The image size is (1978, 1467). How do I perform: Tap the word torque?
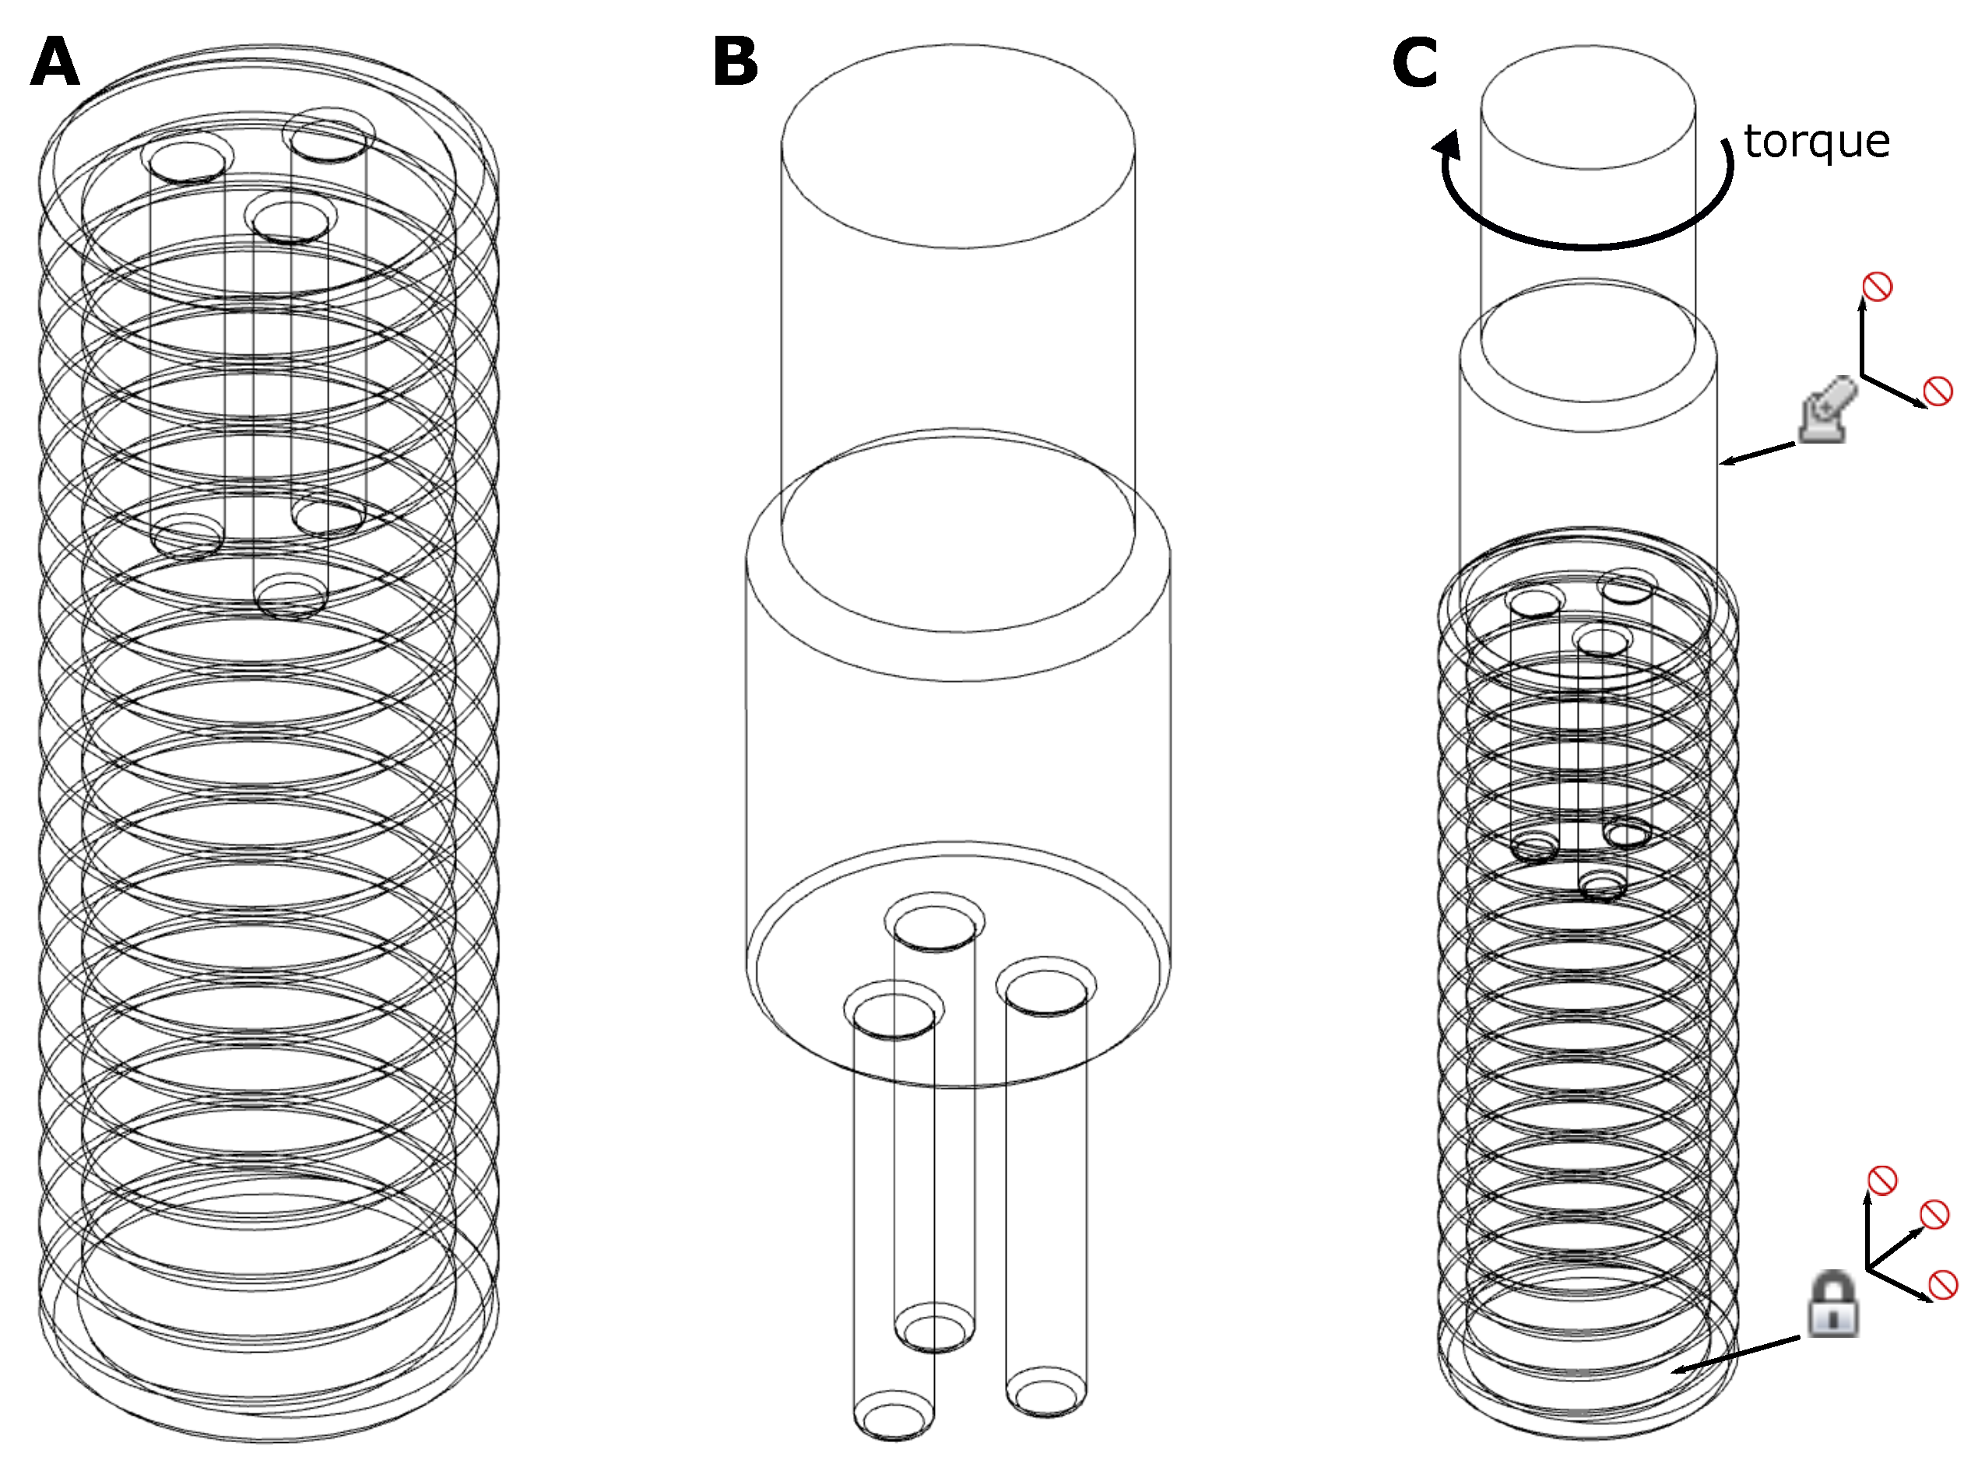[x=1815, y=142]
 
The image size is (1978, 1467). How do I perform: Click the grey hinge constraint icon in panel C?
[x=1826, y=410]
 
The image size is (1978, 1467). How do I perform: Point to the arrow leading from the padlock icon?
[x=1737, y=1353]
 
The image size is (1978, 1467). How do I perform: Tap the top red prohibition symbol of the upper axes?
[x=1877, y=286]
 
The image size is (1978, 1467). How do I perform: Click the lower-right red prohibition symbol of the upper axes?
[x=1938, y=391]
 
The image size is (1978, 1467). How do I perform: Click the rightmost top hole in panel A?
[x=328, y=140]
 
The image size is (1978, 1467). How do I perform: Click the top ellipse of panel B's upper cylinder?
[x=957, y=146]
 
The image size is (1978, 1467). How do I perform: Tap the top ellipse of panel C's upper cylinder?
[x=1587, y=107]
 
